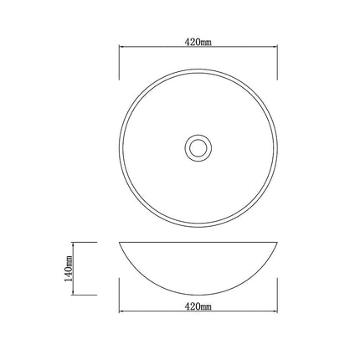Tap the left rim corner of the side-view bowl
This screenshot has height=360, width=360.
(x=120, y=243)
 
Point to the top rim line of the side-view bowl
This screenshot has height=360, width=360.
(x=198, y=243)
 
